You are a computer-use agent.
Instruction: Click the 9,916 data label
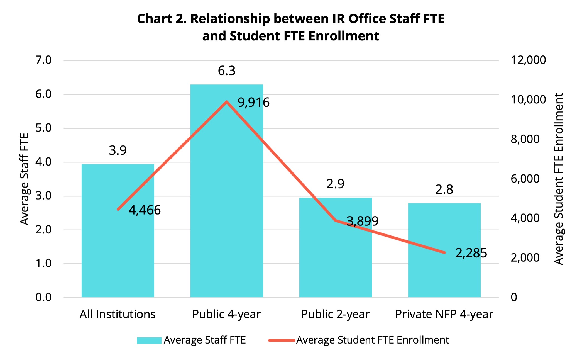tap(253, 103)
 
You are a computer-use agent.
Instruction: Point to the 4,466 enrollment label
tap(145, 210)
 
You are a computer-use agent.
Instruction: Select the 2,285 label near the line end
tap(471, 253)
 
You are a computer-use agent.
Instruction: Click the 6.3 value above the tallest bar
tap(226, 71)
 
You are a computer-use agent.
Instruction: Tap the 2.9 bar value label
tap(335, 184)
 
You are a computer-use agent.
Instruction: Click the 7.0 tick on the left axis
tap(43, 60)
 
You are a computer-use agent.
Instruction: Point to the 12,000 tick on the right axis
tap(528, 60)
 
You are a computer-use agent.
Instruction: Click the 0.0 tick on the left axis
tap(43, 297)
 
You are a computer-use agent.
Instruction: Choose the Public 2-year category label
tap(335, 314)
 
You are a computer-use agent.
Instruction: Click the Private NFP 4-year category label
tap(444, 314)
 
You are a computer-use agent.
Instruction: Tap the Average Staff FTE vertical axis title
tap(25, 179)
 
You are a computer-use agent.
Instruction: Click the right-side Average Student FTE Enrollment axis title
tap(559, 179)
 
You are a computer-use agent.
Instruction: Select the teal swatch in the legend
tap(149, 340)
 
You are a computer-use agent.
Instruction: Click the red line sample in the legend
tap(282, 340)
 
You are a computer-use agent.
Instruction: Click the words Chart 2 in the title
tap(162, 19)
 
